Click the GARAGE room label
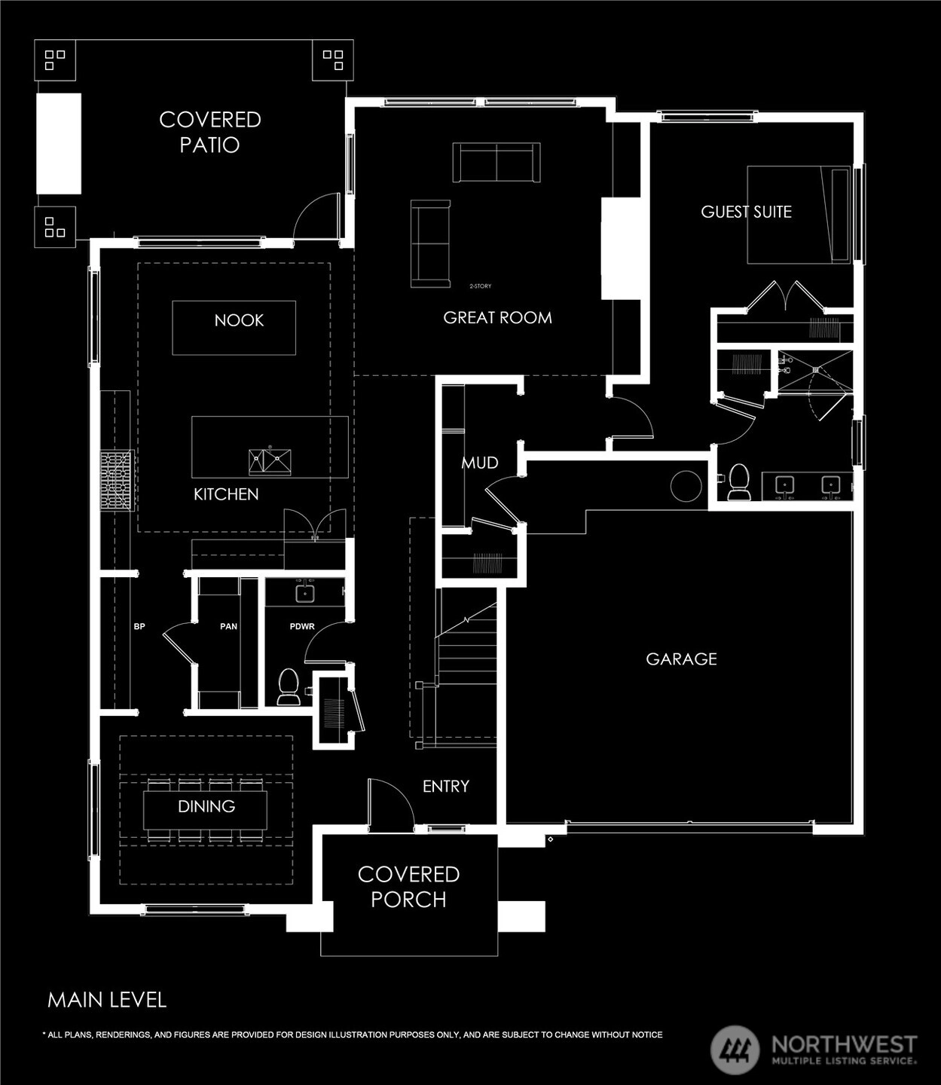coord(681,659)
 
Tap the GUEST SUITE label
coord(746,212)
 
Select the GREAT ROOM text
coord(497,318)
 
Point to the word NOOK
coord(239,320)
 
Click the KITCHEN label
coord(226,494)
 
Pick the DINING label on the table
coord(206,806)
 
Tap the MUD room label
coord(480,463)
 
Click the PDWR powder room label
coord(302,626)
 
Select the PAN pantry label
coord(228,626)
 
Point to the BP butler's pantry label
coord(139,626)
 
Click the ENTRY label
coord(446,786)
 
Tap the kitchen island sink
coord(270,461)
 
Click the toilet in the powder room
coord(289,686)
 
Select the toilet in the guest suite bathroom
coord(738,482)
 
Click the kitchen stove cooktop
coord(118,481)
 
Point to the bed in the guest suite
coord(799,215)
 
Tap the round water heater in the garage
coord(686,486)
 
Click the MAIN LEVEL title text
coord(107,1000)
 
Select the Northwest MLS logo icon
coord(735,1050)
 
